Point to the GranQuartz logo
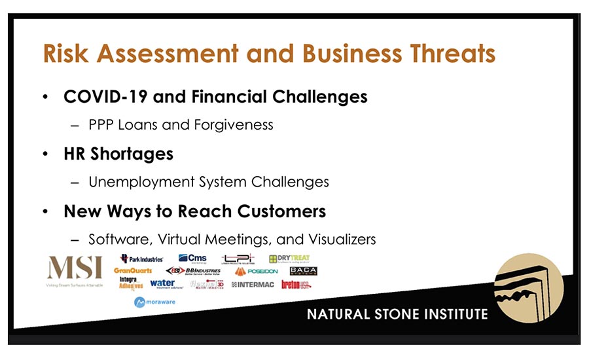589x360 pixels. (133, 270)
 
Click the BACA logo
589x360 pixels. (303, 271)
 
